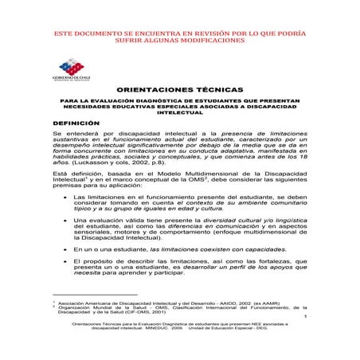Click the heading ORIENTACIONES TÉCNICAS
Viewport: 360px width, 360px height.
(179, 92)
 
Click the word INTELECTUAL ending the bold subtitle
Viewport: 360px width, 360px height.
(179, 114)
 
